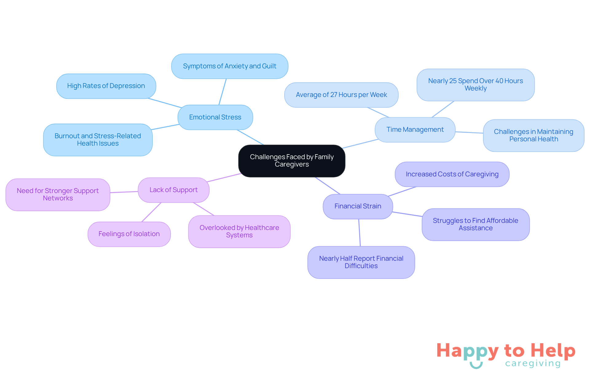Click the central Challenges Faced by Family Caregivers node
(x=292, y=161)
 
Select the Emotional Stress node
(x=215, y=117)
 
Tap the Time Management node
(x=415, y=130)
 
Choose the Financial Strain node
(x=358, y=206)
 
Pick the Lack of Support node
(x=174, y=190)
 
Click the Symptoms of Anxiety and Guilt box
(x=230, y=66)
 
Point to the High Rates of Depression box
(x=106, y=86)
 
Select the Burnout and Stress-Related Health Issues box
(x=98, y=140)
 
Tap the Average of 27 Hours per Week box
(x=341, y=95)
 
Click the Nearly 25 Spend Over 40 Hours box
(x=475, y=85)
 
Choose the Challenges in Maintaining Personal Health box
(x=533, y=135)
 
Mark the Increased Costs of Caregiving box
(x=452, y=174)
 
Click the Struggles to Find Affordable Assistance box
(x=475, y=224)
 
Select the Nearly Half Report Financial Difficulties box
(x=361, y=262)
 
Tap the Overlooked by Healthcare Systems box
(x=239, y=231)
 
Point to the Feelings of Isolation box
(x=129, y=234)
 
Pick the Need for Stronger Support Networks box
(x=58, y=195)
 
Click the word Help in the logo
(x=553, y=351)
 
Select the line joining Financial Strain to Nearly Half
(x=360, y=233)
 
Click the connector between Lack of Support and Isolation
(x=151, y=212)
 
